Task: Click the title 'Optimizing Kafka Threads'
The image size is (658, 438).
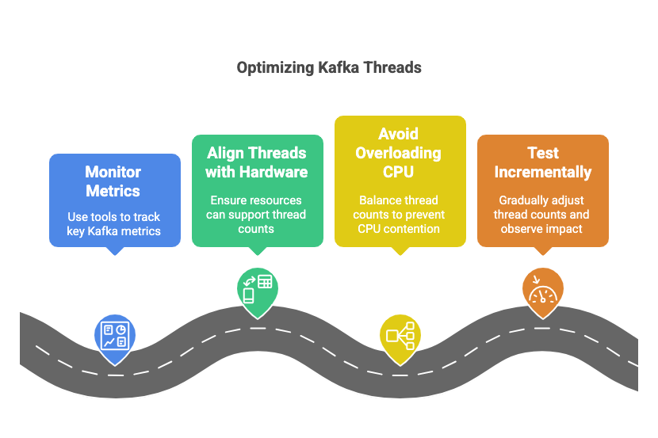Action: click(x=329, y=67)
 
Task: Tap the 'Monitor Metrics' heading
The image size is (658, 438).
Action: click(x=113, y=181)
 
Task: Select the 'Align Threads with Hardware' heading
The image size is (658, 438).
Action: click(x=257, y=162)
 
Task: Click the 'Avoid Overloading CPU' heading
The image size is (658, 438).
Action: click(x=399, y=152)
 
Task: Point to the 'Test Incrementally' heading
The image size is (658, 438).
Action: click(x=542, y=162)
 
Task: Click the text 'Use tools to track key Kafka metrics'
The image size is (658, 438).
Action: click(x=113, y=223)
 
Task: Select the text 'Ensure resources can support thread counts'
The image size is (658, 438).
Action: click(x=257, y=215)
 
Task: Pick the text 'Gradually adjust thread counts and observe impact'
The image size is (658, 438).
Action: click(x=542, y=215)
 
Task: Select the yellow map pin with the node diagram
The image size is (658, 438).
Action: click(x=400, y=335)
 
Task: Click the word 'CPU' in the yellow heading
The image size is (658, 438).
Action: click(x=399, y=171)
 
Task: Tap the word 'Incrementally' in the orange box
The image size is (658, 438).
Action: click(x=542, y=171)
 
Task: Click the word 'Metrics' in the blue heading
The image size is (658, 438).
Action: click(x=113, y=191)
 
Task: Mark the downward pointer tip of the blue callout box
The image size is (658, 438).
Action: click(x=117, y=253)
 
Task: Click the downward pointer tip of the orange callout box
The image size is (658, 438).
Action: click(x=543, y=253)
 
